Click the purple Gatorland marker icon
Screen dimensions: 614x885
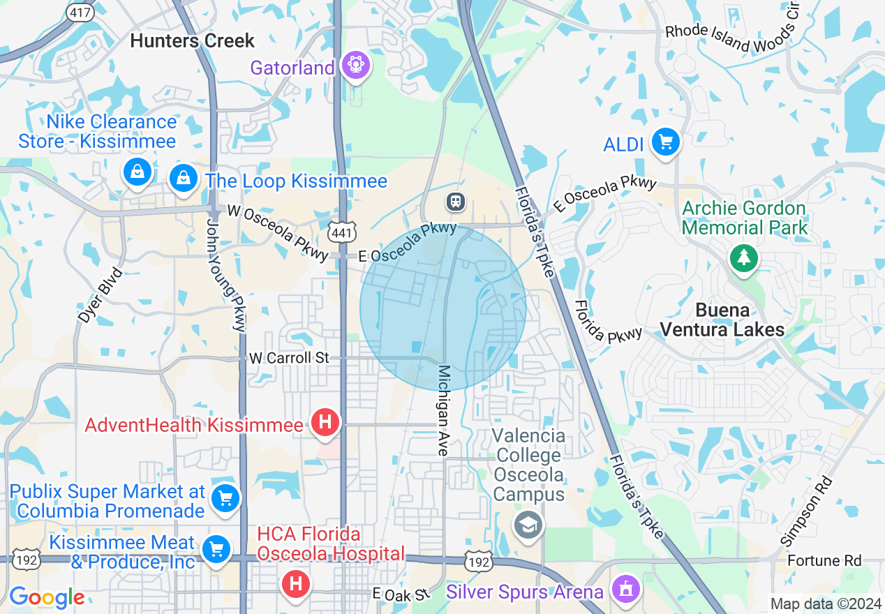click(356, 66)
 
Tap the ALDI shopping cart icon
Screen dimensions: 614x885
click(665, 142)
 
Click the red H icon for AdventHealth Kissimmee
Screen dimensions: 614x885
click(325, 423)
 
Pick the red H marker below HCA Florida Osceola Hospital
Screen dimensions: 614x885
click(295, 583)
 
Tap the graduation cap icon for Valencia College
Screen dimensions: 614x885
click(528, 525)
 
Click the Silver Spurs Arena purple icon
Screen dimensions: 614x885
click(625, 590)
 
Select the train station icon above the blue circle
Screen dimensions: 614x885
click(456, 202)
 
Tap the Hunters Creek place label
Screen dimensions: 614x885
click(193, 40)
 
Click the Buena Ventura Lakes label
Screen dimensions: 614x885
click(722, 320)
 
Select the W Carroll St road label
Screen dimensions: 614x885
click(289, 358)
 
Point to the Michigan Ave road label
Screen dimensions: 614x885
click(443, 410)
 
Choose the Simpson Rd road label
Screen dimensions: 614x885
click(806, 511)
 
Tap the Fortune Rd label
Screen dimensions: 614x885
click(824, 560)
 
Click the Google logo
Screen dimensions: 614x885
click(47, 597)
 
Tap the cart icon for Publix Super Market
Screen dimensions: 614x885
click(225, 498)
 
